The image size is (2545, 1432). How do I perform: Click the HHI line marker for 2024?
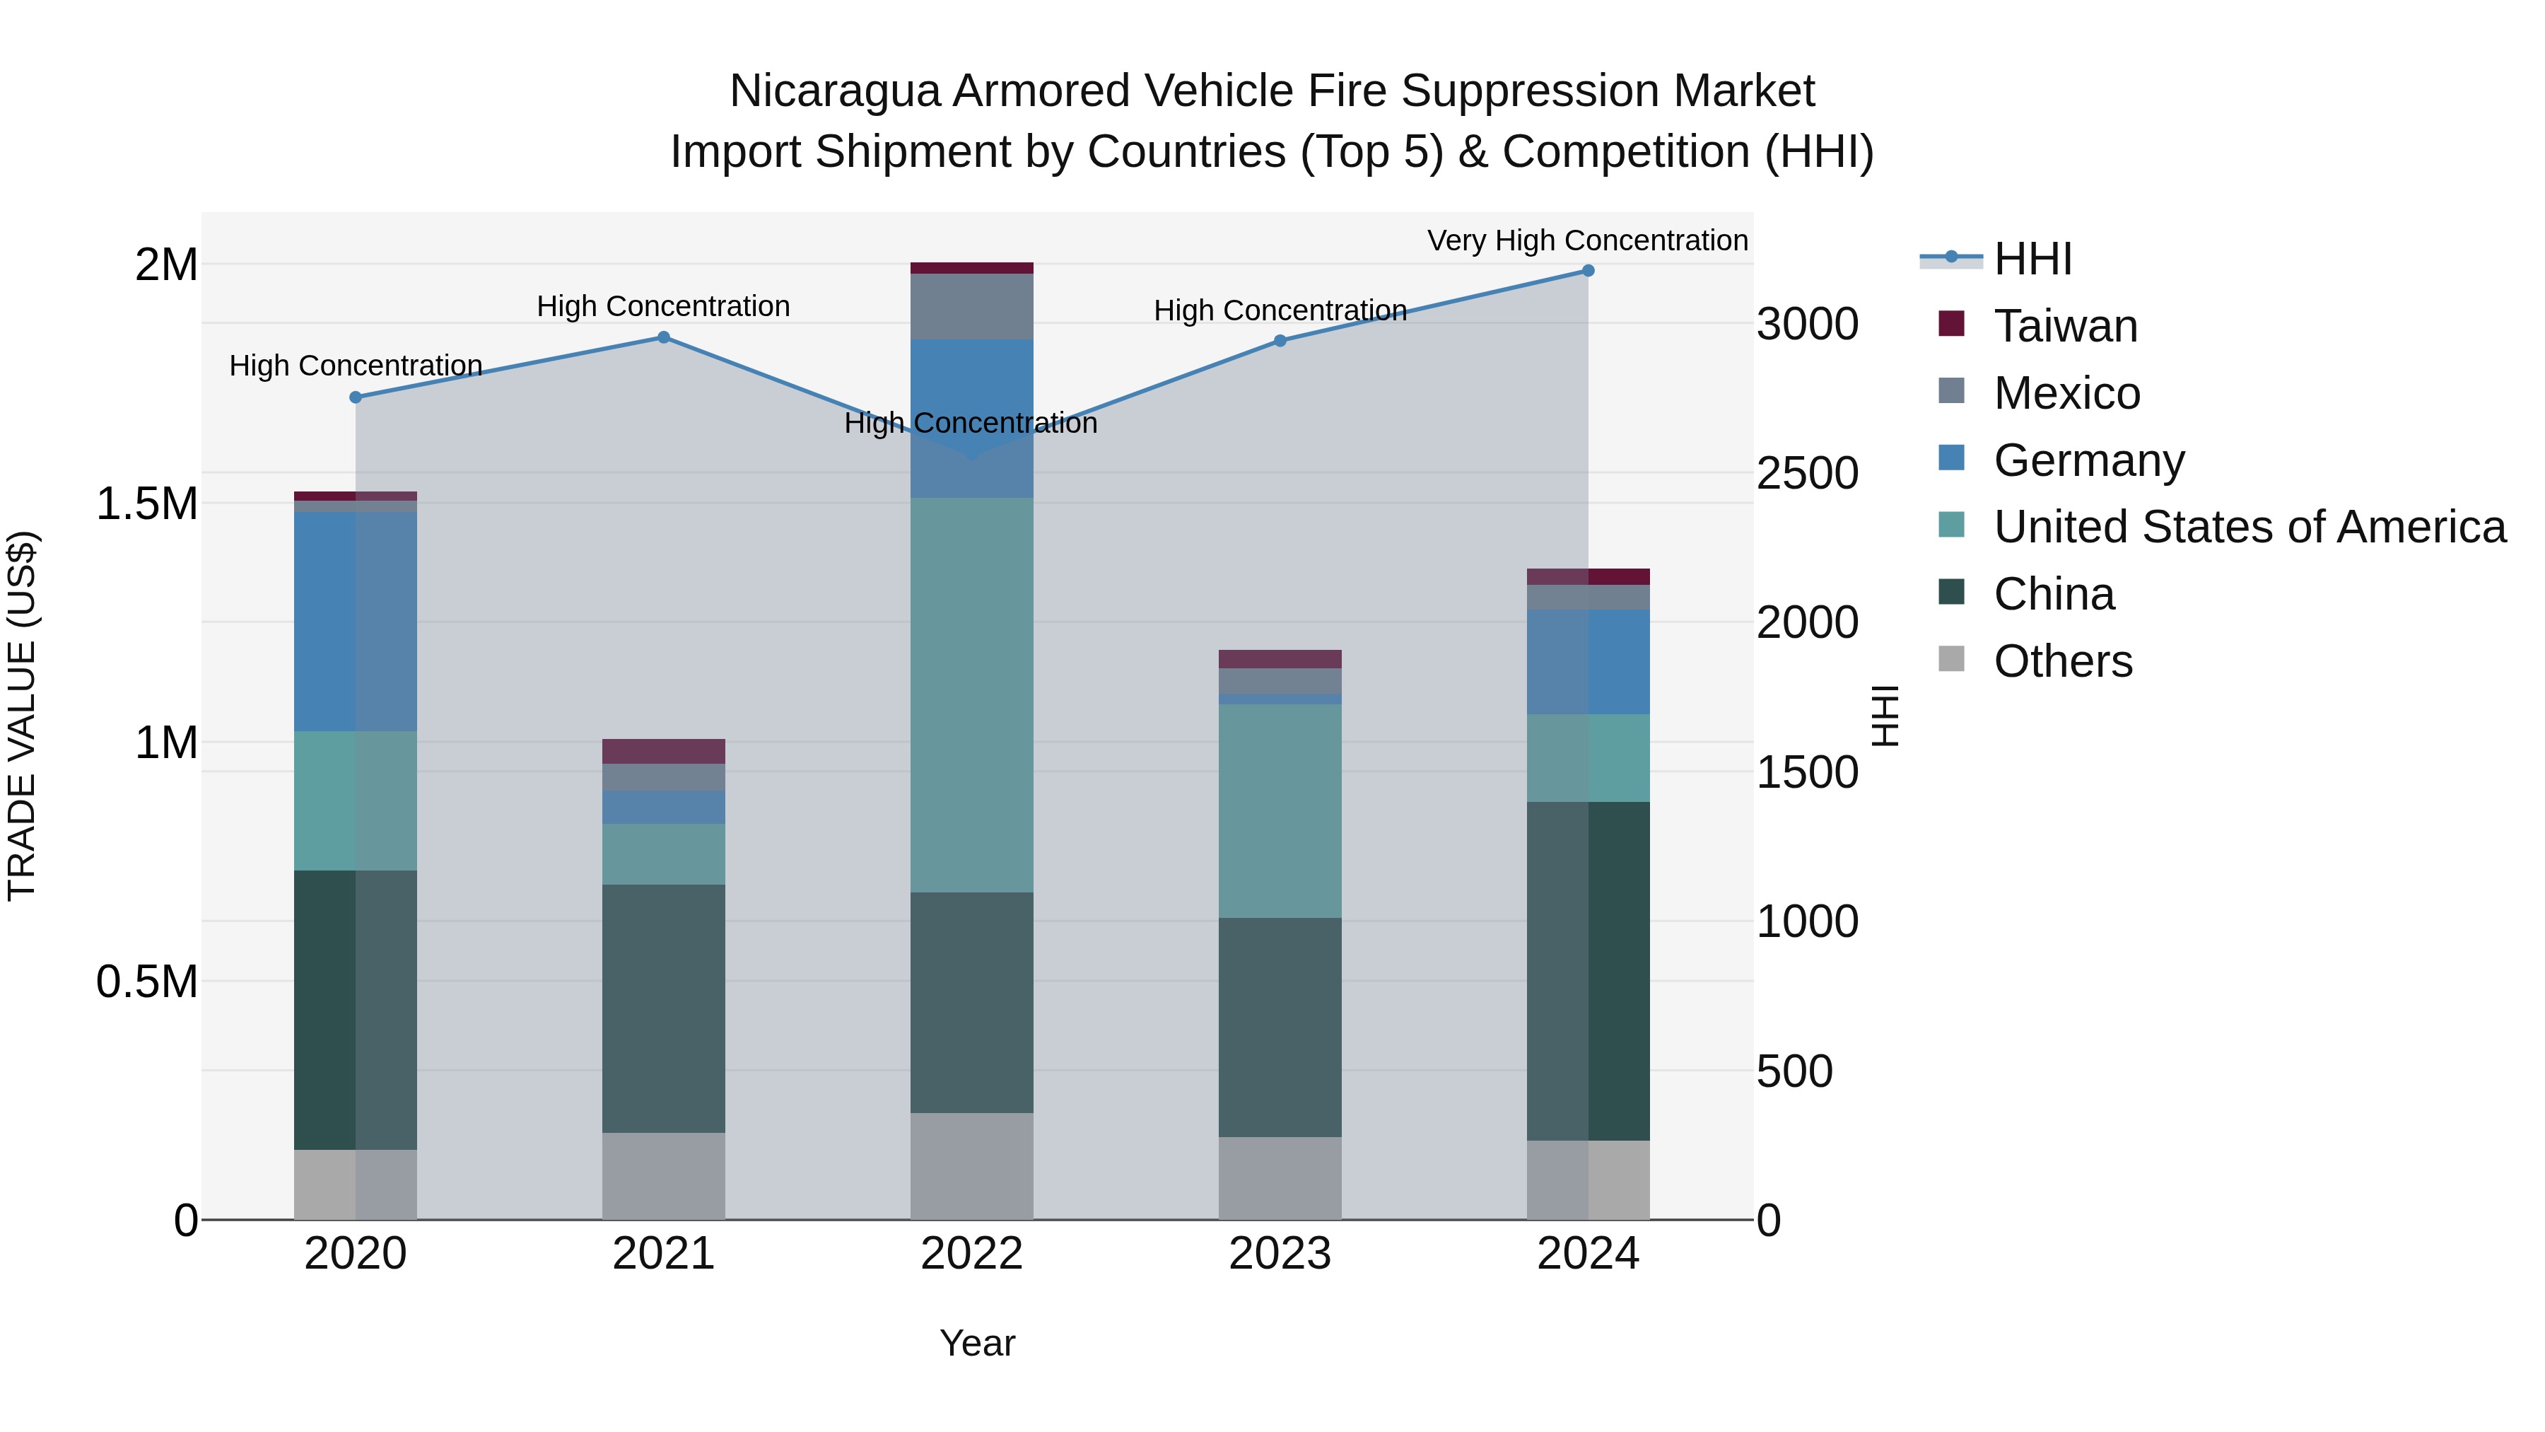pos(1588,270)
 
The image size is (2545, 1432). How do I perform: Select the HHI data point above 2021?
pos(664,337)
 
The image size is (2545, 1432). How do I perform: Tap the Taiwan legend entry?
pos(2065,326)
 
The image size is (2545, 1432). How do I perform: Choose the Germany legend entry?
pos(2088,460)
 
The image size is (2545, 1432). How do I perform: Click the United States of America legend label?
pos(2249,527)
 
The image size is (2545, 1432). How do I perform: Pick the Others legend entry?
pos(2062,661)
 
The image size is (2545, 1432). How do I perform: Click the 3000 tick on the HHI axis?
pos(1807,324)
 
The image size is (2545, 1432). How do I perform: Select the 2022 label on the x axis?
pos(971,1254)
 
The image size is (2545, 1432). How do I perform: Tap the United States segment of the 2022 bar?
pos(971,694)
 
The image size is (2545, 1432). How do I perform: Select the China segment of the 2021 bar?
pos(664,1008)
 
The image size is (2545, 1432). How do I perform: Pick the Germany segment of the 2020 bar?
pos(355,621)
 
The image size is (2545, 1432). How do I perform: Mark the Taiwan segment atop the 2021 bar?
pos(664,751)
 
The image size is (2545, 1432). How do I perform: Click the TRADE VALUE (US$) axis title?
pos(22,716)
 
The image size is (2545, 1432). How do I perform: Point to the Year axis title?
pos(977,1343)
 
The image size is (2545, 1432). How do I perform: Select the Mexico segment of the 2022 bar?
pos(971,306)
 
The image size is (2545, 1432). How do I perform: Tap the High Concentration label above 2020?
pos(356,366)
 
